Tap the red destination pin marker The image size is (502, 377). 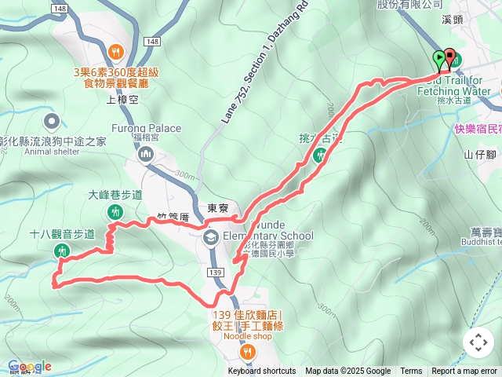tap(449, 57)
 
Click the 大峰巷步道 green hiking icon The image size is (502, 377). tap(116, 211)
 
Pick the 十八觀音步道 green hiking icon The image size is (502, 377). tap(62, 251)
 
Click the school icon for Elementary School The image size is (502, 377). tap(210, 237)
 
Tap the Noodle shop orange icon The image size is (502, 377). tap(247, 350)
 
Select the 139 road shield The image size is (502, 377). tap(216, 271)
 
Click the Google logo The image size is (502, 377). tap(30, 366)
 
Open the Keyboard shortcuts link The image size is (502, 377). tap(262, 372)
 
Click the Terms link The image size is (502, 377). tap(411, 372)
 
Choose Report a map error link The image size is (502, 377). tap(465, 372)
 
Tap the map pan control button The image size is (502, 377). tap(478, 342)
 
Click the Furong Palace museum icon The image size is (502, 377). tap(146, 155)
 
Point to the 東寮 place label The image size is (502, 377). tap(217, 209)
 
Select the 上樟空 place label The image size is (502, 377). tap(122, 100)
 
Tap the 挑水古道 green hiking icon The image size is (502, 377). tap(320, 156)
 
